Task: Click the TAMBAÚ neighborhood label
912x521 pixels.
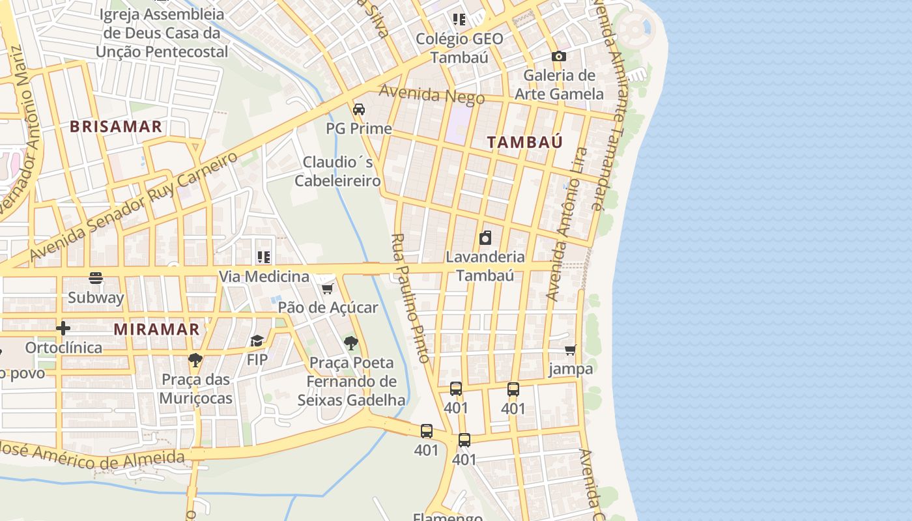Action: [524, 142]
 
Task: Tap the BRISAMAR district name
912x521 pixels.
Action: [116, 127]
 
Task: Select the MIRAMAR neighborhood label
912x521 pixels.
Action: [157, 330]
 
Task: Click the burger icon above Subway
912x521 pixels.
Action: [96, 279]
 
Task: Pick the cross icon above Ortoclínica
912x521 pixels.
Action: [63, 328]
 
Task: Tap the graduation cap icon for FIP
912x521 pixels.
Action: [257, 341]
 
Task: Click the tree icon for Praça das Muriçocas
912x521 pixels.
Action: [195, 360]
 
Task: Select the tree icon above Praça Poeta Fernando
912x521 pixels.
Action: [351, 343]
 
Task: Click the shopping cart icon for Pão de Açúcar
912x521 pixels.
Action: [328, 289]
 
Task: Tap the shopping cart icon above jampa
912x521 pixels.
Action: [571, 350]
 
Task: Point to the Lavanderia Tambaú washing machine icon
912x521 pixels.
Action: [485, 238]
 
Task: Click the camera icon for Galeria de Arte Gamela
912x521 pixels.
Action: [558, 57]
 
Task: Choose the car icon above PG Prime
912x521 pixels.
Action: [359, 109]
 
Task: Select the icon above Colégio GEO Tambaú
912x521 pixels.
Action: [459, 20]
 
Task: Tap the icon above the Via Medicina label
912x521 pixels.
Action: [264, 257]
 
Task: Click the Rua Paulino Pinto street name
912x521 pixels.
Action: [410, 298]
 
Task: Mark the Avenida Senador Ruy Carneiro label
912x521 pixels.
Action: [134, 207]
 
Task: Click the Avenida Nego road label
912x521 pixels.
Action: [432, 95]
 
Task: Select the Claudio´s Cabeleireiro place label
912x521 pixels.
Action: [337, 171]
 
